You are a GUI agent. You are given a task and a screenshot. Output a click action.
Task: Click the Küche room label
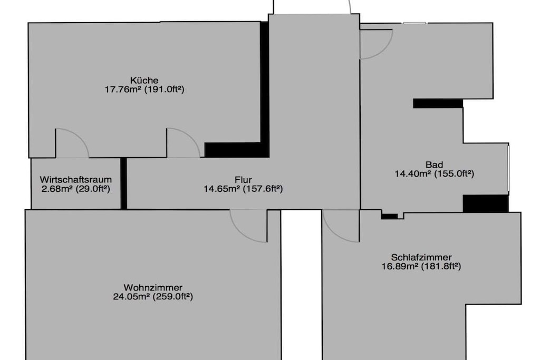[x=144, y=81]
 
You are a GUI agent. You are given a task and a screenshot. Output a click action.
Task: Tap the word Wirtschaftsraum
[x=76, y=180]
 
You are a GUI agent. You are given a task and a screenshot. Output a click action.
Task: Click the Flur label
[x=243, y=180]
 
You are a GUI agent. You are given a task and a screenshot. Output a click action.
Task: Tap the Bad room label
[x=435, y=164]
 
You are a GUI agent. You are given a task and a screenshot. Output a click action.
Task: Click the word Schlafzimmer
[x=421, y=257]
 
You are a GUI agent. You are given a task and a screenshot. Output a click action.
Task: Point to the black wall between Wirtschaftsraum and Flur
[x=123, y=183]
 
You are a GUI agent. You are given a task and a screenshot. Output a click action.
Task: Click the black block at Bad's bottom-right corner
[x=486, y=203]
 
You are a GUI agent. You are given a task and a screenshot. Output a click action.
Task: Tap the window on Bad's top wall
[x=414, y=23]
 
